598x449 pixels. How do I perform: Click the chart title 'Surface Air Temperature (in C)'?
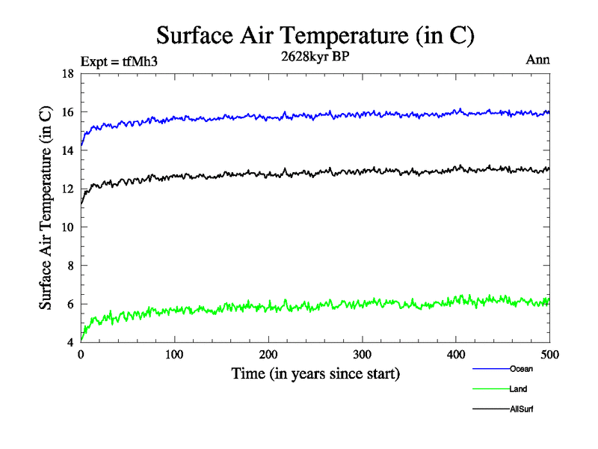315,36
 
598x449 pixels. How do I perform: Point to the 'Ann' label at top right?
538,60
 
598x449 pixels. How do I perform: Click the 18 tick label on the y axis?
67,74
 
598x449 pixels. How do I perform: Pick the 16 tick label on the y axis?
67,112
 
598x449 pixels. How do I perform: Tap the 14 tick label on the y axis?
67,150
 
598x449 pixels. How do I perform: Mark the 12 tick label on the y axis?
67,189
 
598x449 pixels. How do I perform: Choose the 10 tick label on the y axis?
67,227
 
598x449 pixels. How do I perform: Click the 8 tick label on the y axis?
70,266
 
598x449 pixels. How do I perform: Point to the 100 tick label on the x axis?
174,354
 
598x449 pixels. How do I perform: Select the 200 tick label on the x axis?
268,354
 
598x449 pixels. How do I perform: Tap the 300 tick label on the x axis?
362,354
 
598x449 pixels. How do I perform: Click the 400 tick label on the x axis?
456,354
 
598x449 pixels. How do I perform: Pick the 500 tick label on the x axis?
549,354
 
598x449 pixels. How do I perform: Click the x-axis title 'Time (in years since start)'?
315,373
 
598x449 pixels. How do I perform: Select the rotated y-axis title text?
46,208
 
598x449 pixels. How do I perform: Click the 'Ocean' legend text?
521,369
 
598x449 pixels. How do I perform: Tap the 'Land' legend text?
519,389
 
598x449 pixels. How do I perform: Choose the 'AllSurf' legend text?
522,409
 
